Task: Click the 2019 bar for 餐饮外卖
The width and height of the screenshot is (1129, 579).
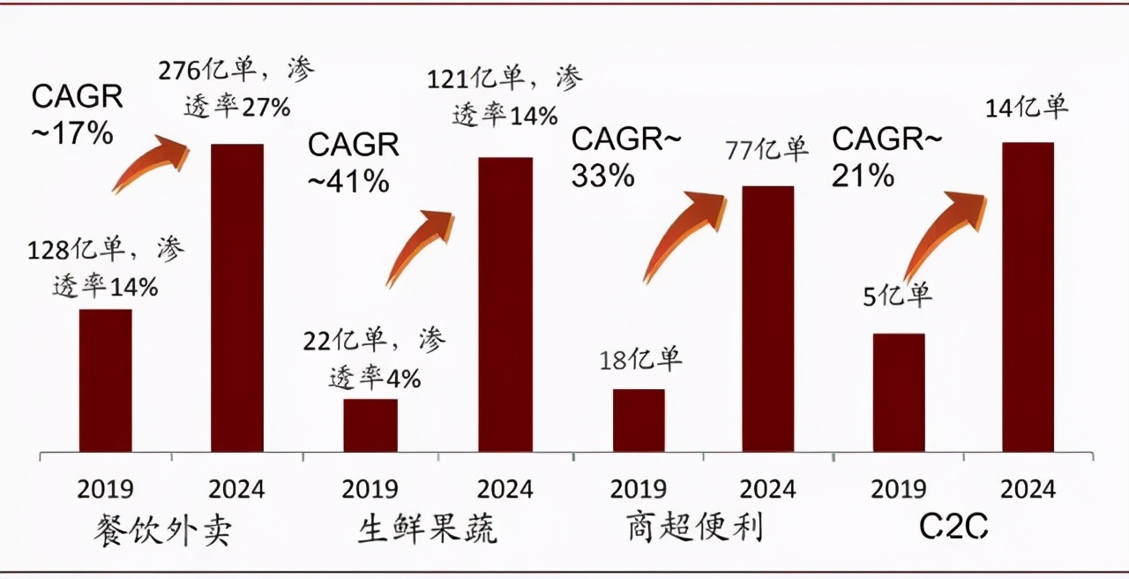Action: point(105,380)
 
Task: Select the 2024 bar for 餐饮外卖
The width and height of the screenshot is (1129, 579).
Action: point(236,298)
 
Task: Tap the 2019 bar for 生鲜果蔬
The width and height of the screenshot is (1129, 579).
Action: point(370,425)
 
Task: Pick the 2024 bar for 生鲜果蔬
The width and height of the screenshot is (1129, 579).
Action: point(505,305)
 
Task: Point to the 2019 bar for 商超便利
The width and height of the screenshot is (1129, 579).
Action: point(638,420)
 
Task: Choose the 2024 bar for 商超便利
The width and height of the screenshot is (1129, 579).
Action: point(767,319)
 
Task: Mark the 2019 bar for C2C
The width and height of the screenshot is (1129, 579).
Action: point(898,393)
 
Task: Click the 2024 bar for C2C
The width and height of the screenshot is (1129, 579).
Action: point(1028,297)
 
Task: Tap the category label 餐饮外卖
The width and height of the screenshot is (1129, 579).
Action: point(167,530)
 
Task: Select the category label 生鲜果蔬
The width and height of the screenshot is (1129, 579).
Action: point(428,530)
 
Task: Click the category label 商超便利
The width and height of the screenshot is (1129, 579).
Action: point(697,529)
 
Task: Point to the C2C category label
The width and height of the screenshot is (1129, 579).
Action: point(953,529)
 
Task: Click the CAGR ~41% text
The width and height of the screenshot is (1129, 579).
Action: point(353,162)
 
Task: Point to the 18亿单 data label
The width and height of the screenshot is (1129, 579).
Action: point(640,359)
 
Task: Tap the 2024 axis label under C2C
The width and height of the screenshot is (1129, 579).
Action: point(1028,489)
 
